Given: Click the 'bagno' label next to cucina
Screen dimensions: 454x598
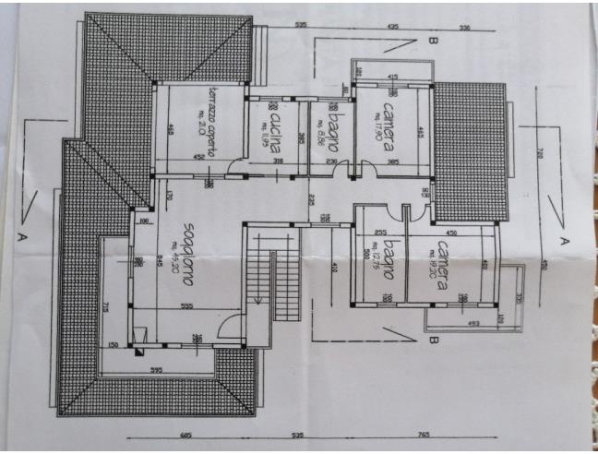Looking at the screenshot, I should [x=329, y=135].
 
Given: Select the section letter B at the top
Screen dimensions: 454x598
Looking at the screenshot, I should [x=431, y=41].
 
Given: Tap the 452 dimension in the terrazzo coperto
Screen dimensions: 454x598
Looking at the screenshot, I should [x=198, y=158].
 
